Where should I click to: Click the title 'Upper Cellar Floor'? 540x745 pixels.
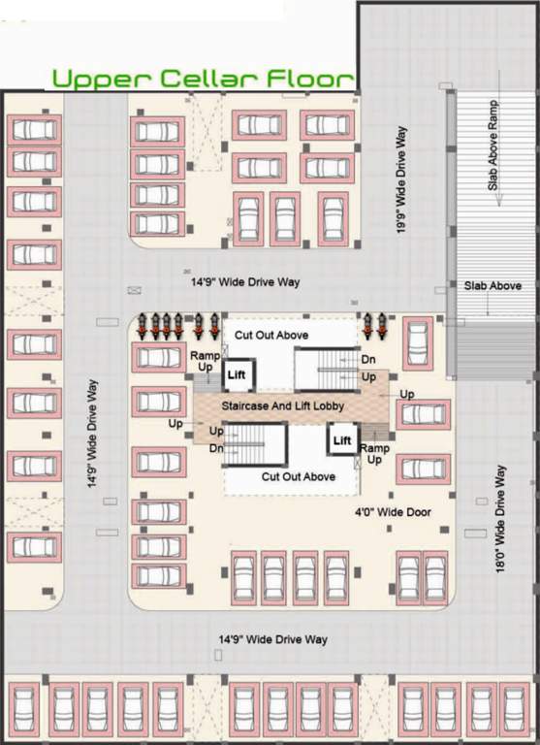(203, 79)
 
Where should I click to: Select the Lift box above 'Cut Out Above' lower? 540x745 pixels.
(342, 441)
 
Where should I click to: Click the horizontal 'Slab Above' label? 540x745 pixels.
(492, 286)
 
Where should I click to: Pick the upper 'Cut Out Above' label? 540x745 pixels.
(272, 335)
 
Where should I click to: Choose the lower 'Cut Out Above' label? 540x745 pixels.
(299, 476)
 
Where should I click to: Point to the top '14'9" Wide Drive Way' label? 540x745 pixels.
(245, 282)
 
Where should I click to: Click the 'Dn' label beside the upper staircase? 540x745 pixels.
(368, 360)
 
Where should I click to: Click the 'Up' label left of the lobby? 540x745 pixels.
(175, 423)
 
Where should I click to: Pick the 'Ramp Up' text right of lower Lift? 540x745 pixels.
(374, 455)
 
